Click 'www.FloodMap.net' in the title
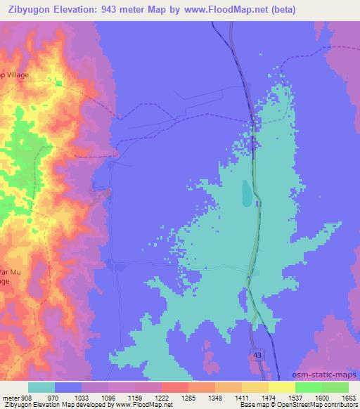(x=220, y=9)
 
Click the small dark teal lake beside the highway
(x=246, y=193)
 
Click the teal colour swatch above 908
(x=41, y=387)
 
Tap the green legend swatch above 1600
(x=309, y=387)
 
